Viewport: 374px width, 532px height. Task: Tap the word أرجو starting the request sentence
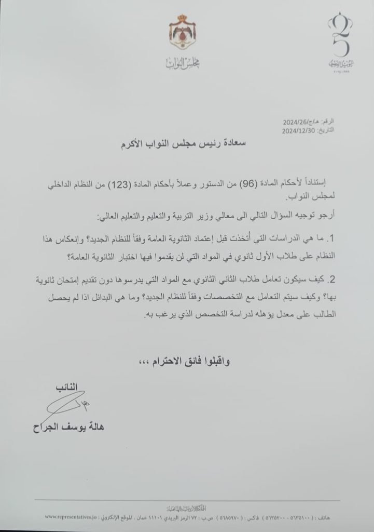[326, 217]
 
